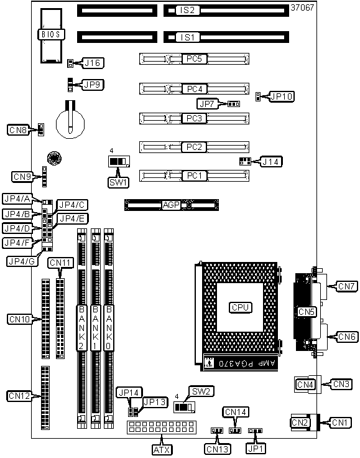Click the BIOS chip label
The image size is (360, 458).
(x=51, y=34)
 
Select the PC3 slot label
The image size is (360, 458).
(x=194, y=118)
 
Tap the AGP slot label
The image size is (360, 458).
(x=171, y=205)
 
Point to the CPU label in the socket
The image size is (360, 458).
(x=240, y=307)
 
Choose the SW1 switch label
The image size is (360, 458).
(x=118, y=182)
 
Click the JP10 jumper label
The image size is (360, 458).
(x=282, y=96)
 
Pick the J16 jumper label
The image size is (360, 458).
(x=92, y=63)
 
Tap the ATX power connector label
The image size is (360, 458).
(x=162, y=450)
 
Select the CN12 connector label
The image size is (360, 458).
(x=19, y=396)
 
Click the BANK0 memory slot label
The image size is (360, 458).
(x=109, y=327)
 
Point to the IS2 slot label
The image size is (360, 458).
(x=187, y=10)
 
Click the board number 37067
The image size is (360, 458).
(x=302, y=7)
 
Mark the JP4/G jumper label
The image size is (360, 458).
(x=22, y=261)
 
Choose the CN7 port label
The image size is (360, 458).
(x=346, y=286)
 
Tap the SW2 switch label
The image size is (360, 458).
(x=201, y=391)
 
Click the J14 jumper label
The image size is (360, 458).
(x=270, y=162)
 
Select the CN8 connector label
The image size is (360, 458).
(x=18, y=129)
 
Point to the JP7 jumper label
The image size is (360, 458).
(x=207, y=104)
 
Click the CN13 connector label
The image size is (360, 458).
(x=218, y=449)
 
